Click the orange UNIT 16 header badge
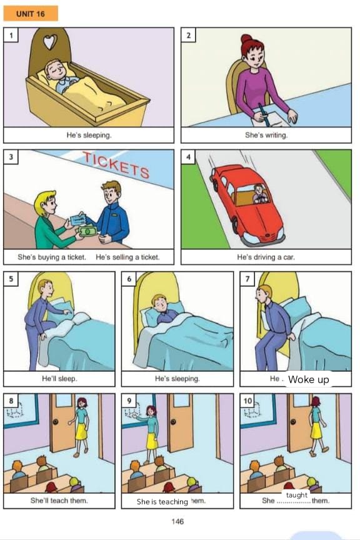[x=31, y=13]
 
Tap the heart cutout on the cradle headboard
[x=49, y=42]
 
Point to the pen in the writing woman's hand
[x=263, y=112]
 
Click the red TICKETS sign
[x=117, y=165]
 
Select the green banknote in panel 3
[x=88, y=231]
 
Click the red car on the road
[x=247, y=204]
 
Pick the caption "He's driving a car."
[x=266, y=257]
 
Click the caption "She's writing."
[x=266, y=135]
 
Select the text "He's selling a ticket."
[x=127, y=257]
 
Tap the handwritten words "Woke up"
[x=309, y=379]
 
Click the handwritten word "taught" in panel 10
[x=297, y=495]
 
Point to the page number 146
[x=177, y=521]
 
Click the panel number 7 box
[x=247, y=279]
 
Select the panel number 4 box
[x=188, y=157]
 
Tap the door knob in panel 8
[x=55, y=421]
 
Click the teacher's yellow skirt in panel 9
[x=152, y=441]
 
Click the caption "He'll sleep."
[x=59, y=379]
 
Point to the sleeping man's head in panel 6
[x=159, y=303]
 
